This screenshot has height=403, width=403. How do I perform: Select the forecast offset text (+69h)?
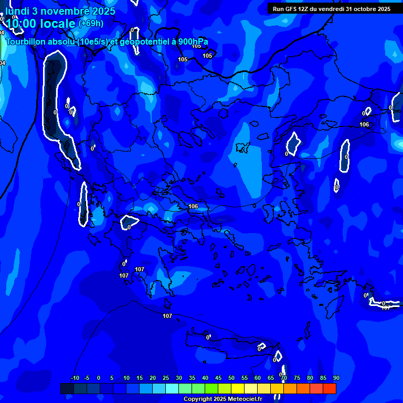[x=91, y=24]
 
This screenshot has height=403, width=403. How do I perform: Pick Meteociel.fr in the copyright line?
[x=243, y=399]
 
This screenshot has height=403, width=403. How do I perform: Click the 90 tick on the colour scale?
[x=336, y=378]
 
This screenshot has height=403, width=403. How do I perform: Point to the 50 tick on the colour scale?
[x=231, y=378]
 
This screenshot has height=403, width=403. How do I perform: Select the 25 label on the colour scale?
[x=165, y=378]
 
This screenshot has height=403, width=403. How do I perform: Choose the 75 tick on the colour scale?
[x=297, y=378]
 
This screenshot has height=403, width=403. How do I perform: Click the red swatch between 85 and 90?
[x=330, y=388]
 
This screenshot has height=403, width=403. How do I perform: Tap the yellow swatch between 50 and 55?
[x=238, y=388]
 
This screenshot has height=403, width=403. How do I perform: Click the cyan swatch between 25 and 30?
[x=172, y=388]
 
